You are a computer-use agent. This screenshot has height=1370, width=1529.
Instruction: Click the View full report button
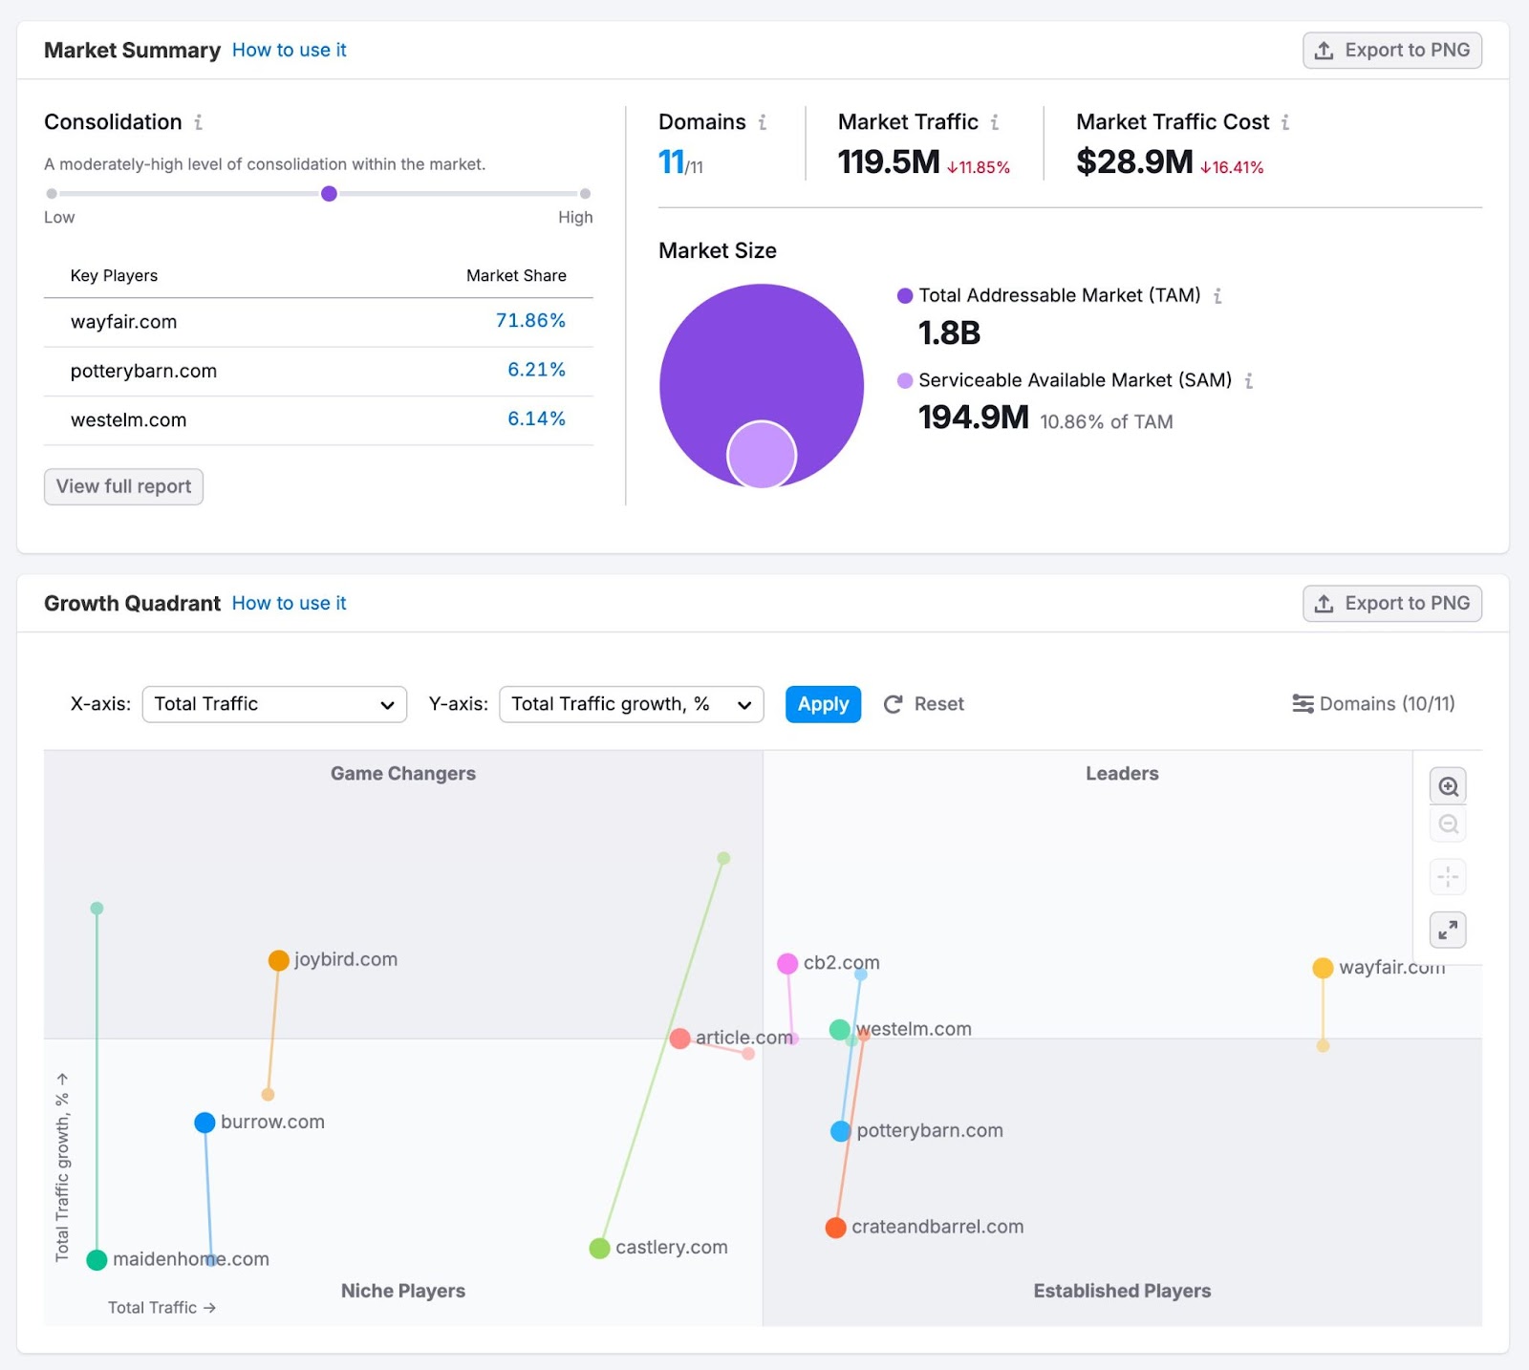click(123, 486)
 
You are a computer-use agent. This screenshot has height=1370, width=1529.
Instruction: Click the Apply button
click(823, 704)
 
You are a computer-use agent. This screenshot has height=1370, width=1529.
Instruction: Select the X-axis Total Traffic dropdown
click(274, 704)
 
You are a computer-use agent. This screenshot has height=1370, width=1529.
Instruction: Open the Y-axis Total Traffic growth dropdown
click(631, 704)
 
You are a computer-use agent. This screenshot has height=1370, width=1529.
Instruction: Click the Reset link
click(924, 704)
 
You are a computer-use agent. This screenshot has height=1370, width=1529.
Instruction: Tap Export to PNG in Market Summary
click(1391, 50)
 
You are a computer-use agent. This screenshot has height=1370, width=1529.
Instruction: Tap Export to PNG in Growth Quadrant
click(1391, 603)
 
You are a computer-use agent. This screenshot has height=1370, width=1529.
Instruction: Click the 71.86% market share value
click(530, 321)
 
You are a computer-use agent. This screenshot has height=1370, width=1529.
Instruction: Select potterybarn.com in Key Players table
click(143, 371)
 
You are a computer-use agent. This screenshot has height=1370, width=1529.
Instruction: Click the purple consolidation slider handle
click(329, 194)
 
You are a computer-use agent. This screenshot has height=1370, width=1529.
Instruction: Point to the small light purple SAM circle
click(762, 455)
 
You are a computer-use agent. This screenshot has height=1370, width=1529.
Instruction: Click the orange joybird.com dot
click(279, 960)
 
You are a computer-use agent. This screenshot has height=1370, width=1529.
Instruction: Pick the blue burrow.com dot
click(205, 1123)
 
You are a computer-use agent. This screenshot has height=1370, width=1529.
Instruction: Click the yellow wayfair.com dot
click(1323, 968)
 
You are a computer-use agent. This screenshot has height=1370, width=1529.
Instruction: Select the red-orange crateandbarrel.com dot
click(836, 1228)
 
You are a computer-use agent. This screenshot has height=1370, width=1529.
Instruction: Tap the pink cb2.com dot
click(787, 963)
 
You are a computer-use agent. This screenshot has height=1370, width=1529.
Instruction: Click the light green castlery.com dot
click(599, 1248)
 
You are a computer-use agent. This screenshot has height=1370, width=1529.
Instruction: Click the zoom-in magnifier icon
click(1448, 786)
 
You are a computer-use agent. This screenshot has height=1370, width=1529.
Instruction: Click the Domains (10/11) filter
click(1373, 704)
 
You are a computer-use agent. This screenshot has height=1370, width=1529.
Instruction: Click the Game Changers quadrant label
click(402, 774)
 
